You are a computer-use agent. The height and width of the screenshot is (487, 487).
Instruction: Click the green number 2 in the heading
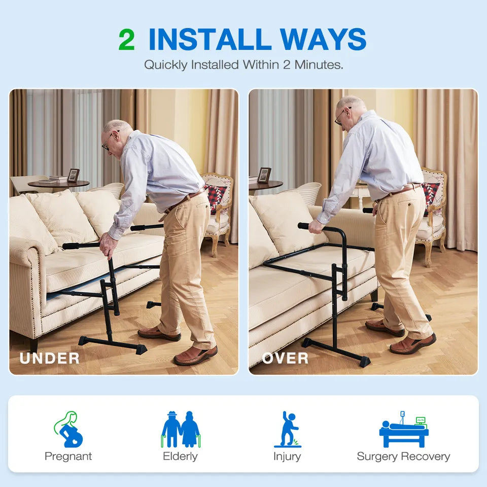pyautogui.click(x=127, y=40)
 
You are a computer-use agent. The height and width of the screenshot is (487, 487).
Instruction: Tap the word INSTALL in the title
pyautogui.click(x=210, y=39)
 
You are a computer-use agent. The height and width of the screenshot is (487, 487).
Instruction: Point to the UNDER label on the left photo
pyautogui.click(x=50, y=359)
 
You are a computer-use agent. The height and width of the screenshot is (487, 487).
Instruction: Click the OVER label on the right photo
pyautogui.click(x=285, y=359)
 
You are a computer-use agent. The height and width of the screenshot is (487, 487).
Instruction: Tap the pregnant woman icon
pyautogui.click(x=69, y=429)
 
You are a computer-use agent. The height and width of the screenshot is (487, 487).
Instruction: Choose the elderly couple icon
pyautogui.click(x=181, y=429)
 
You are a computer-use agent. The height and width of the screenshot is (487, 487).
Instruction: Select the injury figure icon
pyautogui.click(x=288, y=429)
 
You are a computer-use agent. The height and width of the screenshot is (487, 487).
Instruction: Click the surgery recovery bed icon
pyautogui.click(x=404, y=429)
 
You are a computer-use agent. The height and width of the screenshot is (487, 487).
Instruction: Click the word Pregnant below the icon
pyautogui.click(x=68, y=457)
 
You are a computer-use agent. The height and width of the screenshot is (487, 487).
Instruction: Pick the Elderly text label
pyautogui.click(x=180, y=456)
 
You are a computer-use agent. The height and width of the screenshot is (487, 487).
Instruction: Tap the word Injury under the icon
pyautogui.click(x=287, y=457)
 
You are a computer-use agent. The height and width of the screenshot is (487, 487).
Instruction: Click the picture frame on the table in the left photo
pyautogui.click(x=74, y=175)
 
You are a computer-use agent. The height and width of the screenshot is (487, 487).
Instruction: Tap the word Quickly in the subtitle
pyautogui.click(x=166, y=65)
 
